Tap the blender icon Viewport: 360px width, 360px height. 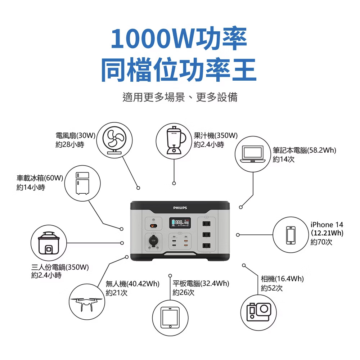pyautogui.click(x=174, y=140)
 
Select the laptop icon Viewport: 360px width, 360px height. pyautogui.click(x=253, y=154)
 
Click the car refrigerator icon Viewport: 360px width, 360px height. pyautogui.click(x=82, y=184)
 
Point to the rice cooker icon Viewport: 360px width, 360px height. pyautogui.click(x=49, y=244)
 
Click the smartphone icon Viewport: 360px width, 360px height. pyautogui.click(x=291, y=235)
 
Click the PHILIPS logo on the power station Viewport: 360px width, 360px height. pyautogui.click(x=180, y=208)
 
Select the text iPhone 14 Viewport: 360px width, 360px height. pyautogui.click(x=327, y=225)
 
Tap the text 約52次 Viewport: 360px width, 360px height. pyautogui.click(x=272, y=288)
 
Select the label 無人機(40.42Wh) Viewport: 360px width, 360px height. pyautogui.click(x=132, y=284)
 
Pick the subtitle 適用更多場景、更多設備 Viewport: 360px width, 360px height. pyautogui.click(x=180, y=97)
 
